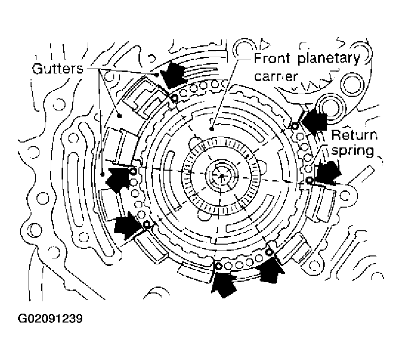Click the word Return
coord(354,135)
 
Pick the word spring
coord(352,150)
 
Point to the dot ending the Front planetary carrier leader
coord(211,128)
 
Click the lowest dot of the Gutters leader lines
coord(102,174)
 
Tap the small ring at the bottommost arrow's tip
coord(217,267)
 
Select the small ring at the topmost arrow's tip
coord(174,98)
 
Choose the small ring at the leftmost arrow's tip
coord(133,171)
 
